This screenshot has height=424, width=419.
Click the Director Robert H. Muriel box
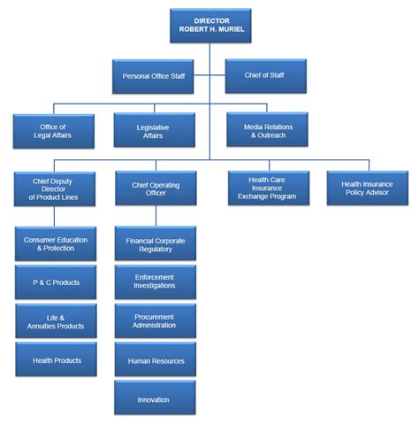click(209, 24)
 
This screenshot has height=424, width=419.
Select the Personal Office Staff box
click(153, 76)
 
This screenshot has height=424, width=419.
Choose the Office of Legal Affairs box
click(54, 130)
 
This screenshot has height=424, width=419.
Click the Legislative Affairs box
click(155, 130)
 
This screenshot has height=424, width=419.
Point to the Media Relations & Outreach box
click(268, 130)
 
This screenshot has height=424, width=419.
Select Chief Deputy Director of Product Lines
click(54, 188)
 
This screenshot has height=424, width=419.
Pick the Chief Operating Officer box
click(156, 188)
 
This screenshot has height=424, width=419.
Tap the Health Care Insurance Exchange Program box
click(268, 188)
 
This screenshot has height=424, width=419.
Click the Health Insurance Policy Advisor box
click(367, 188)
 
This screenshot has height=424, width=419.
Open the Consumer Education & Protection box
click(56, 243)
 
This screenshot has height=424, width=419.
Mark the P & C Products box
click(56, 282)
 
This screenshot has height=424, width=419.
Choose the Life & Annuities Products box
click(56, 321)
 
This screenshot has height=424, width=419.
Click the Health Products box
click(56, 359)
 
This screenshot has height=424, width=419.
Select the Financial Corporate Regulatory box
click(156, 243)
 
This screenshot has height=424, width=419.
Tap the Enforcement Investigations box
click(156, 282)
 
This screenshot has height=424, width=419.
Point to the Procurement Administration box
click(156, 320)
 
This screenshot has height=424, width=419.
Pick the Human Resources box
click(156, 359)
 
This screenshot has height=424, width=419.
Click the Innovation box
click(156, 398)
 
